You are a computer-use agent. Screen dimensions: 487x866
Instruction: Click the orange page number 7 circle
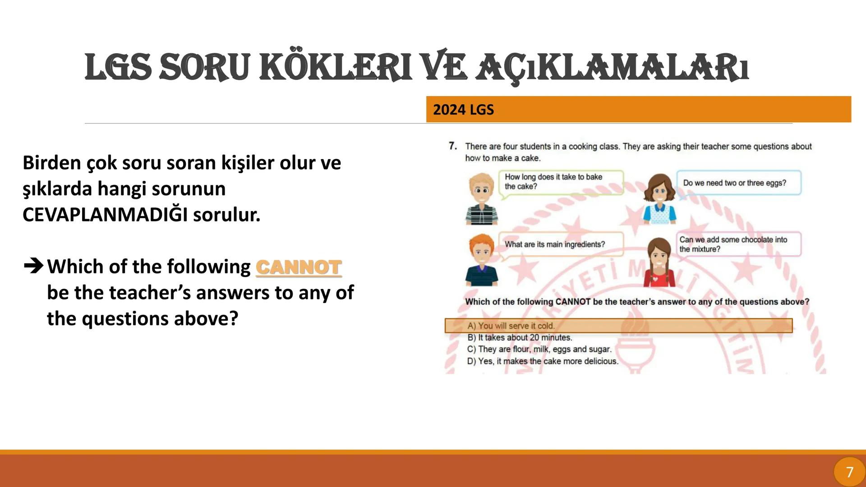849,472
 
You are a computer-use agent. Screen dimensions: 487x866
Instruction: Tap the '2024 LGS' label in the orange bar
463,110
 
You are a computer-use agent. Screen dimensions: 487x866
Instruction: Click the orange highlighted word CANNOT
299,267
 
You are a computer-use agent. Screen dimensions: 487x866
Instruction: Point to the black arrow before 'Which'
33,266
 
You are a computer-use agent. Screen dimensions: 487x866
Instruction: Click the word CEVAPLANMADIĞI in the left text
105,215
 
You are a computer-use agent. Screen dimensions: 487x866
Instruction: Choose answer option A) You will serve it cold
511,326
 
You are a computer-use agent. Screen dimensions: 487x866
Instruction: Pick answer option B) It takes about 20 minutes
520,337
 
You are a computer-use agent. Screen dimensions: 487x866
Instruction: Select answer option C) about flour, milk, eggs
539,349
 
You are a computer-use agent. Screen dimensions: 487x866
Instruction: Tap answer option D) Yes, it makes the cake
543,361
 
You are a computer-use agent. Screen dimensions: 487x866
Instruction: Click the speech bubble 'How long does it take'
561,182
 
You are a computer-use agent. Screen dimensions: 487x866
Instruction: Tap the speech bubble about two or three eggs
738,183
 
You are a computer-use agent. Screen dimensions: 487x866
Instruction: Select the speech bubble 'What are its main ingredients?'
561,244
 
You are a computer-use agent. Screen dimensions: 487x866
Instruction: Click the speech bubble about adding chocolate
738,244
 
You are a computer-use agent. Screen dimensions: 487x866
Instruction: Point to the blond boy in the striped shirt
481,199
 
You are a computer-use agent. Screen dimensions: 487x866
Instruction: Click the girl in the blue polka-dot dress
659,199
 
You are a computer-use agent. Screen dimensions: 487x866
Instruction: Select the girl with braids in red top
659,262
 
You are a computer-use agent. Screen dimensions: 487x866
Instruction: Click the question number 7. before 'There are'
453,146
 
